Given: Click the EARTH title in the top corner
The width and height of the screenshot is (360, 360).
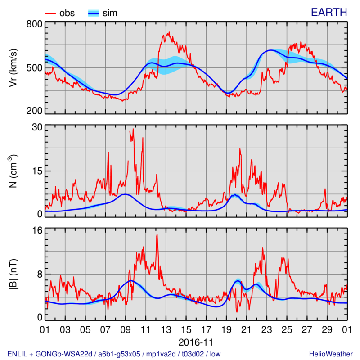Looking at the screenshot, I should tap(331, 13).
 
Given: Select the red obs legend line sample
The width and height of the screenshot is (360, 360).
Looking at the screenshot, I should tap(49, 13).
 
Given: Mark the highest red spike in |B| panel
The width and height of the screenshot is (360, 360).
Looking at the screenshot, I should tap(157, 235).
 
